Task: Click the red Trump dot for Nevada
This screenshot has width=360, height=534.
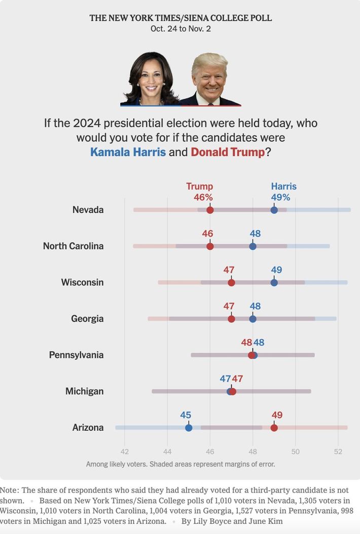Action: coord(210,210)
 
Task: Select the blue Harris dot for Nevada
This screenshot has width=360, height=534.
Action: coord(274,210)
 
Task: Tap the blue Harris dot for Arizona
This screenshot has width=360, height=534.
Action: coord(189,428)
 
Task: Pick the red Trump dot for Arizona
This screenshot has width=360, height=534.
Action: coord(274,428)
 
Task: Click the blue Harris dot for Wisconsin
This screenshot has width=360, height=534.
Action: coord(274,282)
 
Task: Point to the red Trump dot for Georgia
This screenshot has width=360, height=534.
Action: coord(231,319)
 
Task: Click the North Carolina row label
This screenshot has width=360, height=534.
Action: coord(73,246)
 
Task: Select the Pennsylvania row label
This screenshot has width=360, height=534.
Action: coord(76,355)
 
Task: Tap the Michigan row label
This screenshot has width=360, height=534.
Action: coord(84,391)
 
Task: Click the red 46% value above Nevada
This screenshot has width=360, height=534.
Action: coord(203,198)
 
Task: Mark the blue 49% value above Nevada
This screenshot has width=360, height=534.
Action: coord(280,198)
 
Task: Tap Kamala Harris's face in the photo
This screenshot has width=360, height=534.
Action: coord(151,78)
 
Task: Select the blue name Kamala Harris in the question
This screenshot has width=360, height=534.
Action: coord(128,152)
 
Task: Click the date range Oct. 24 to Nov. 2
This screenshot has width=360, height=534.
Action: coord(181,29)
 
